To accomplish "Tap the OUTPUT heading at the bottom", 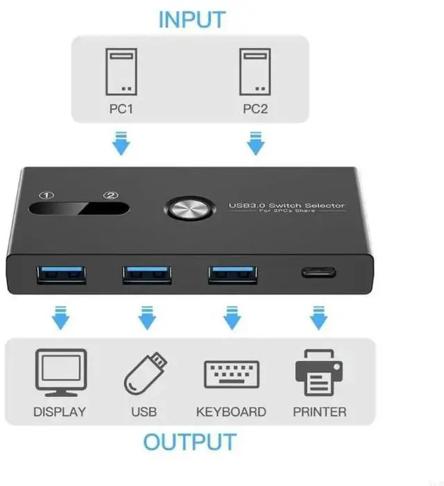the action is tap(189, 442).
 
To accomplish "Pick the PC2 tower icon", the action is tap(255, 72).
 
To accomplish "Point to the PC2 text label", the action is tap(255, 109).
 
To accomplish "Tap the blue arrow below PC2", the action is tap(255, 144).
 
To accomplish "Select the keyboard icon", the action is tap(231, 374).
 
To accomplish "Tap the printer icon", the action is tap(319, 372).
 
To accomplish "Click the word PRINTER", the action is tap(319, 412).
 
